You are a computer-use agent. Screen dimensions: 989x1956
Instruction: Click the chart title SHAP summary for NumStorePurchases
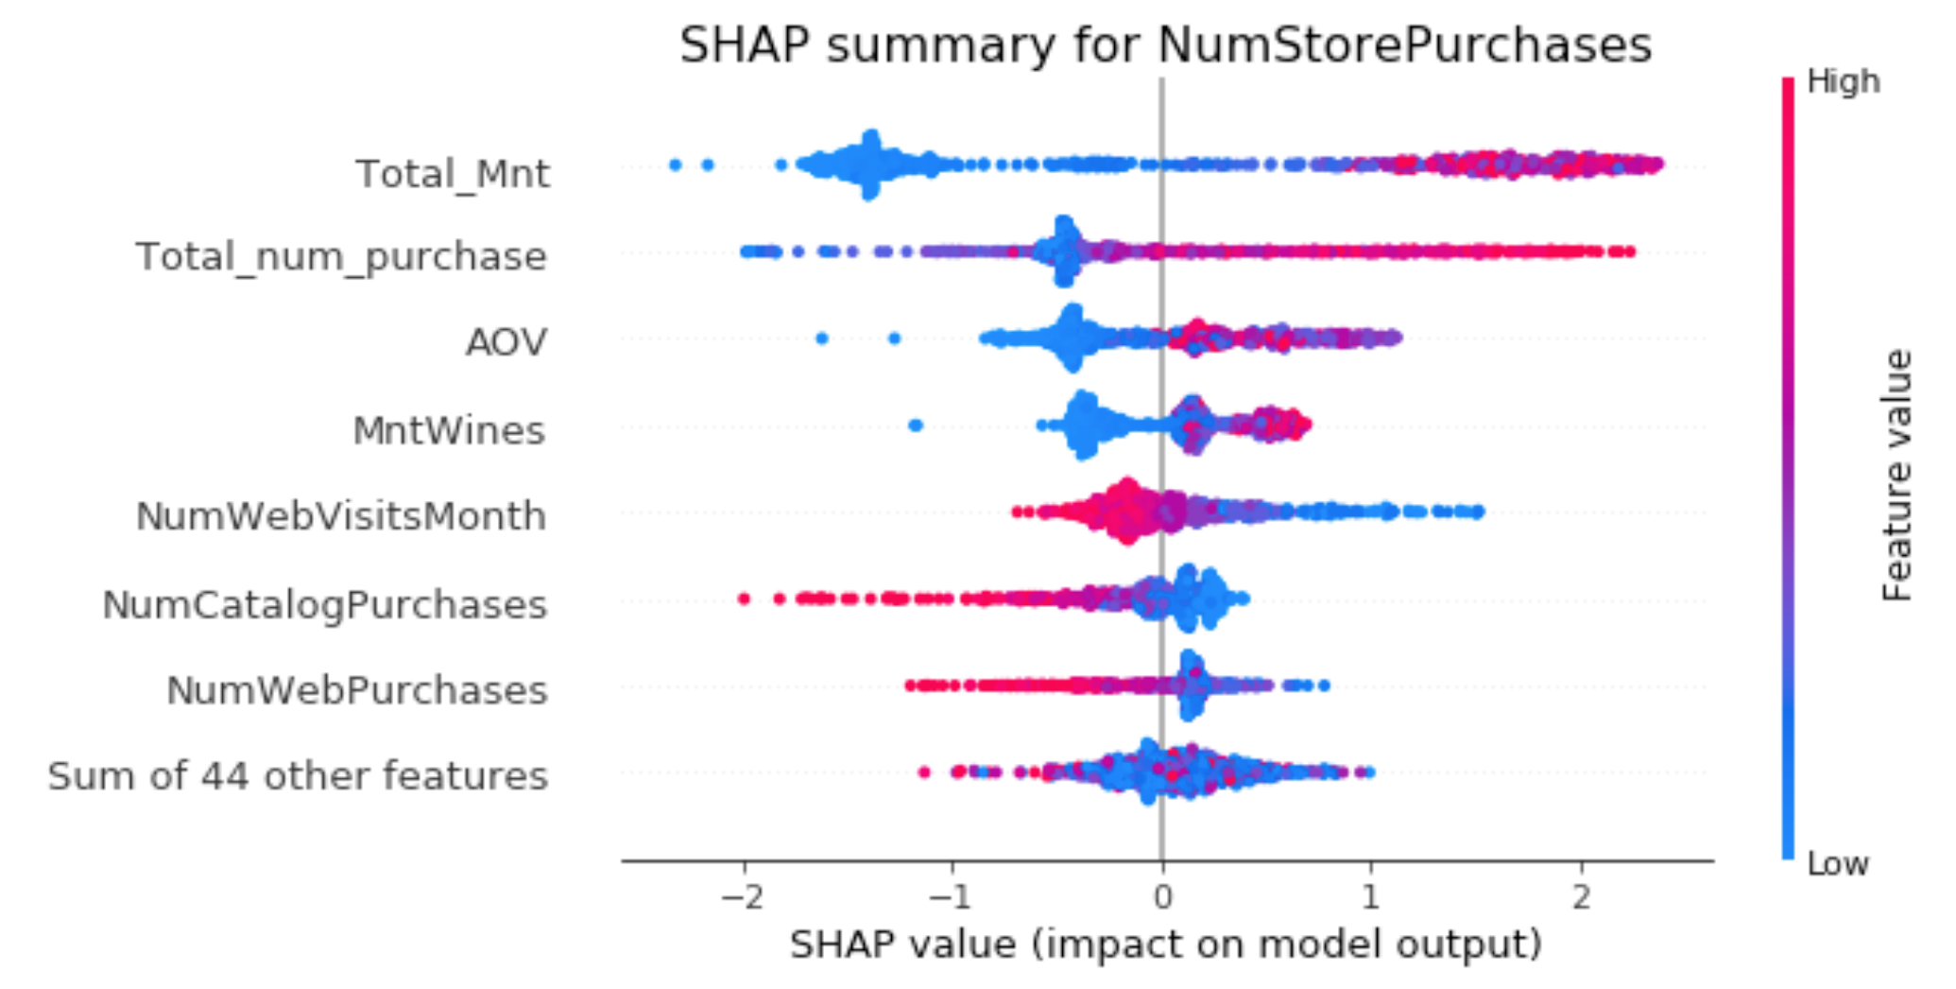click(x=1165, y=45)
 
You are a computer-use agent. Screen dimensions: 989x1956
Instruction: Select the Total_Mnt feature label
click(x=452, y=174)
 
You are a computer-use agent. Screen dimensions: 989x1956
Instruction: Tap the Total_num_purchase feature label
click(x=341, y=257)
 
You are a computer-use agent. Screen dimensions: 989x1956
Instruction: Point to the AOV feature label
click(x=506, y=342)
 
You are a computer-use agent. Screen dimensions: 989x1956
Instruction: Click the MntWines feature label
click(x=449, y=431)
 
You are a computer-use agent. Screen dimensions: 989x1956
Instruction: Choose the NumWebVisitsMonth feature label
click(x=341, y=516)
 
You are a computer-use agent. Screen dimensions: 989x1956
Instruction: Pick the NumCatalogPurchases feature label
click(x=324, y=605)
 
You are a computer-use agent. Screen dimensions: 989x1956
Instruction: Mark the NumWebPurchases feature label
click(x=356, y=690)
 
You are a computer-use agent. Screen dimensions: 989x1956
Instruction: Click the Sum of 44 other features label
click(x=298, y=776)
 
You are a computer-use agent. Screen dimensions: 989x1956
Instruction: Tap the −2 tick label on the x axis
click(x=742, y=896)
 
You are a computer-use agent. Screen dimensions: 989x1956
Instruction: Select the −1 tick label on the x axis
click(x=951, y=896)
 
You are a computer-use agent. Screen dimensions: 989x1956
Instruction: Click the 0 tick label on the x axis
click(x=1162, y=896)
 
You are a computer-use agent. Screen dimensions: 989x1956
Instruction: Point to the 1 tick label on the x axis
click(x=1370, y=896)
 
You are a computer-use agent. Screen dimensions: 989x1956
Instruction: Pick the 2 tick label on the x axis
click(x=1581, y=896)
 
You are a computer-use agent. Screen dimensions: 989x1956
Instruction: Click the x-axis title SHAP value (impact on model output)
click(x=1165, y=945)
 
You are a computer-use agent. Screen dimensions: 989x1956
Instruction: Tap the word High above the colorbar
click(x=1843, y=82)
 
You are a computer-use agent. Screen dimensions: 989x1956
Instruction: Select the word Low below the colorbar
click(x=1837, y=863)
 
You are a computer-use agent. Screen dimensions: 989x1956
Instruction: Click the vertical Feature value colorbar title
click(x=1897, y=475)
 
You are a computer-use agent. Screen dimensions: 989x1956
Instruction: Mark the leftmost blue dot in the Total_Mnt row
click(x=675, y=165)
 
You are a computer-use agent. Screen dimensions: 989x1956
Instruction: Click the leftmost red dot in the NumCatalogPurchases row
click(x=744, y=599)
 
